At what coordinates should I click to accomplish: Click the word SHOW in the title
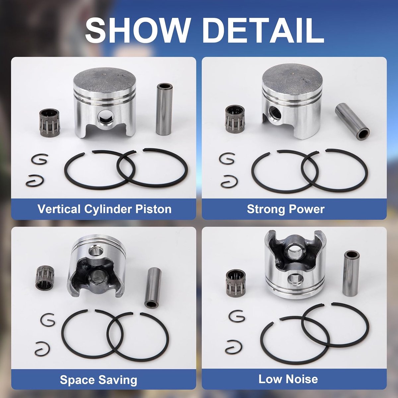137,30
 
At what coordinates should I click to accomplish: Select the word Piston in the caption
153,209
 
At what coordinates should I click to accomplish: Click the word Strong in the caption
266,209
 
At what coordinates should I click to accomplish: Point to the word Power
307,209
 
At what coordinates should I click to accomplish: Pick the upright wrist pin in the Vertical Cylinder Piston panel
164,109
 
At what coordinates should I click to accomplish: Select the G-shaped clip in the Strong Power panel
227,159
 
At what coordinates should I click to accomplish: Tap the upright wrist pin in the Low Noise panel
351,273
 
